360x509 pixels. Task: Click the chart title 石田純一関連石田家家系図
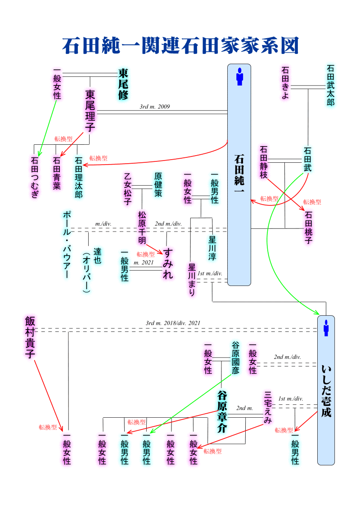(x=180, y=45)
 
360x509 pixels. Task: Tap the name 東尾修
(x=123, y=84)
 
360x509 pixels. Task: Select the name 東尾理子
(x=90, y=111)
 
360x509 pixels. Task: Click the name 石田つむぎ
(x=35, y=177)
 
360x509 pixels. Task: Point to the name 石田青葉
(x=56, y=173)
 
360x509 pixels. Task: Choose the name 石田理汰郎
(x=79, y=177)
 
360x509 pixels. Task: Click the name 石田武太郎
(x=331, y=85)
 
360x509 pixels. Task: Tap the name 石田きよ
(x=285, y=83)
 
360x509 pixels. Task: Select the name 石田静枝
(x=264, y=162)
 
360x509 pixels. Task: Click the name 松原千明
(x=142, y=228)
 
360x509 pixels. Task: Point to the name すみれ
(x=168, y=263)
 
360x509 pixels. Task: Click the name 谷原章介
(x=222, y=411)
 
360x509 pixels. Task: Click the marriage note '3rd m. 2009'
(x=154, y=107)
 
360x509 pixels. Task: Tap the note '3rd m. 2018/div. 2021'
(x=173, y=323)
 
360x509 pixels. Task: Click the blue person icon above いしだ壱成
(x=326, y=328)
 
